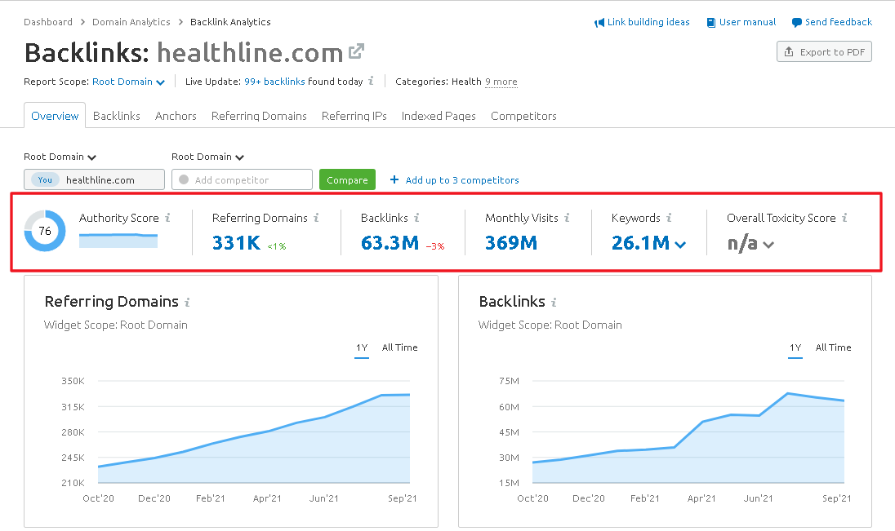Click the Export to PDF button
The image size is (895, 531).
[824, 52]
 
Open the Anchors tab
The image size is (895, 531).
[176, 116]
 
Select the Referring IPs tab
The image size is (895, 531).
[354, 116]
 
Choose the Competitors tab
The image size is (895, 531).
[523, 116]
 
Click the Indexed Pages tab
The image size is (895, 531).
[439, 116]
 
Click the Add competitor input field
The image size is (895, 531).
[242, 179]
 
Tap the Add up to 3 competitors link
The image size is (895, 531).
[461, 180]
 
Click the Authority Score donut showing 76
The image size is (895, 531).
[45, 231]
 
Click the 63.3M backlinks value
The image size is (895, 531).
[390, 242]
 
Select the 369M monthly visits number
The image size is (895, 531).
[510, 242]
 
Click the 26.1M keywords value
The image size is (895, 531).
[640, 242]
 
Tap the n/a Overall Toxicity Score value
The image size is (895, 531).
[742, 242]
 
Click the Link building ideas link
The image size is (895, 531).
[648, 22]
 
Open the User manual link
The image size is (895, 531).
[747, 22]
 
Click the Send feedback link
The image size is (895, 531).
[838, 22]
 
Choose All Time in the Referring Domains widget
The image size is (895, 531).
[399, 347]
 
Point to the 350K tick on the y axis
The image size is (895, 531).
[73, 381]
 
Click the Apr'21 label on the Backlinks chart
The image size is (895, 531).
[701, 498]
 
